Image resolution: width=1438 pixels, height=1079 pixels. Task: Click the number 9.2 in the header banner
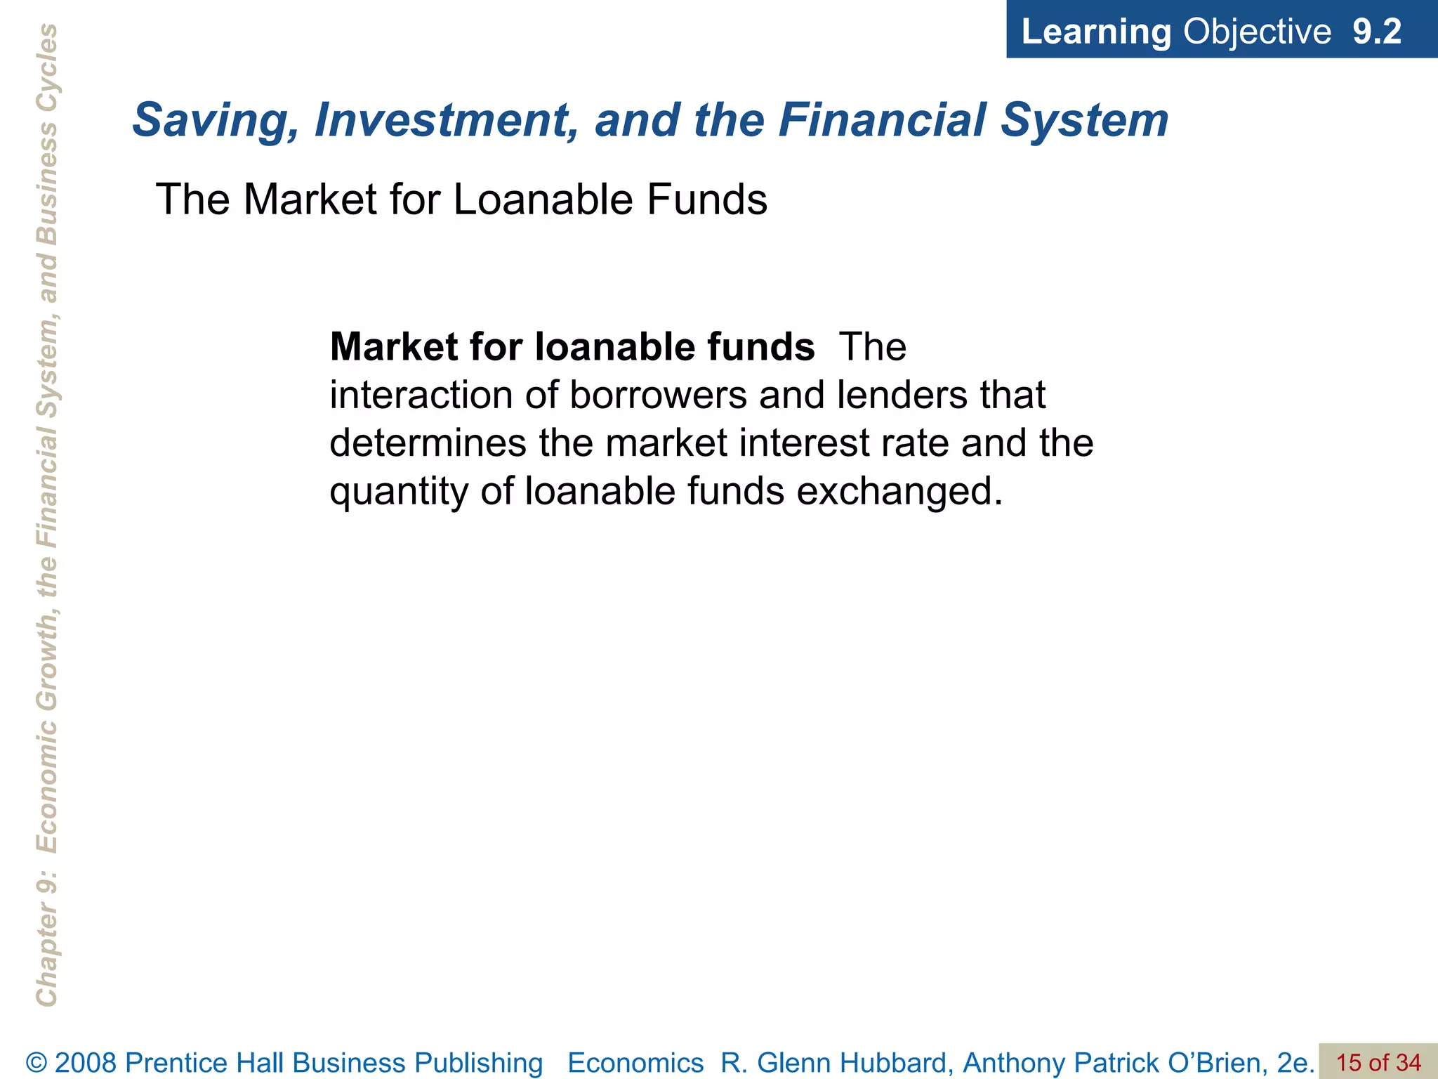click(1376, 32)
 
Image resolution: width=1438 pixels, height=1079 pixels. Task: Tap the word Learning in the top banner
click(1096, 32)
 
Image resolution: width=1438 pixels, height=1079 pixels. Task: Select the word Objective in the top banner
click(1257, 32)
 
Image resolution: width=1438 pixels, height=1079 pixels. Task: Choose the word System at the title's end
click(1084, 121)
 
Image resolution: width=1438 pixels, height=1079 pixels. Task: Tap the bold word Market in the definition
click(390, 347)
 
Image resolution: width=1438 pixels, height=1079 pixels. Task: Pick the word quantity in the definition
click(400, 492)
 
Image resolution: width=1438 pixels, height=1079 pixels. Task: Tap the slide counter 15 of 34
click(1378, 1062)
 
